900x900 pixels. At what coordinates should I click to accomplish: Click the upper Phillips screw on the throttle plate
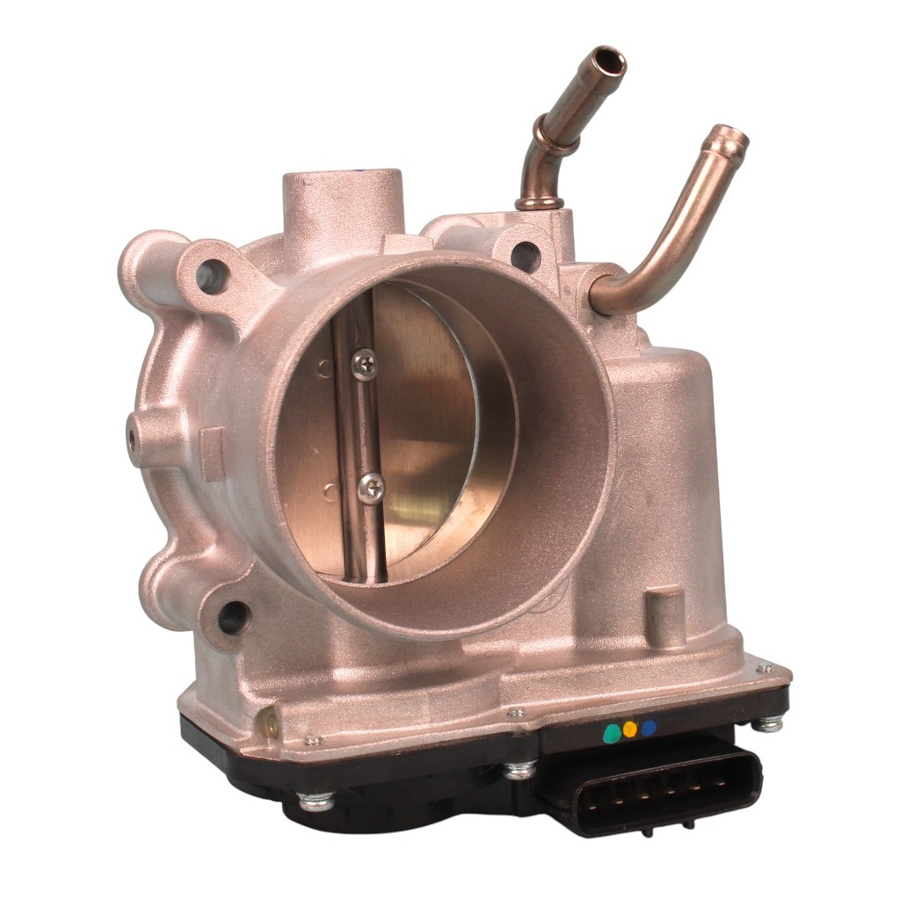364,363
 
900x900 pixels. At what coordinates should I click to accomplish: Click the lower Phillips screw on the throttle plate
371,486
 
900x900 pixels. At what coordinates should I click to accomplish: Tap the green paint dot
611,735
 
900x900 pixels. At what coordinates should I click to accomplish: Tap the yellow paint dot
629,729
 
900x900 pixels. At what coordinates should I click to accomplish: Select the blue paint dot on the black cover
648,728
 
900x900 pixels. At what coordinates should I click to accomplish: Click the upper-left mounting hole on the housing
211,277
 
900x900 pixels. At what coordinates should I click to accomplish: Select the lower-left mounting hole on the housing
232,617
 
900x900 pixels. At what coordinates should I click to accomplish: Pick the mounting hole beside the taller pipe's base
525,256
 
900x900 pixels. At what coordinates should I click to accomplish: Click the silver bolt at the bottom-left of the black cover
315,801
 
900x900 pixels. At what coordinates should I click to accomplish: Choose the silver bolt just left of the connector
519,769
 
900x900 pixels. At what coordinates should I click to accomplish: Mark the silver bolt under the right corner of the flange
767,723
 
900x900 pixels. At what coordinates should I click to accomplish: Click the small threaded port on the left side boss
134,437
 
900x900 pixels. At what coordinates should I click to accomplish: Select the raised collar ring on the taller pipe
556,139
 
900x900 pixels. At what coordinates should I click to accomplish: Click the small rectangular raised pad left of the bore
212,454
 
